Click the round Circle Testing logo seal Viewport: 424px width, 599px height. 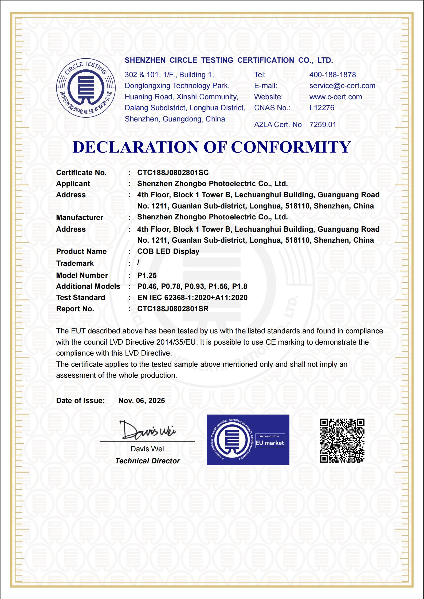[x=86, y=88]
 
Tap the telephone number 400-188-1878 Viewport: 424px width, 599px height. [x=332, y=75]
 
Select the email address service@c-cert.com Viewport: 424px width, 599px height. [x=342, y=86]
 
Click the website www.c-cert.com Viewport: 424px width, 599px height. [x=335, y=97]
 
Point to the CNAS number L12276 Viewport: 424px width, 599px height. [x=321, y=108]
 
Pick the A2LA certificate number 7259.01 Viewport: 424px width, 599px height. [x=323, y=125]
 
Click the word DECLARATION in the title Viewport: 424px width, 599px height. [x=136, y=147]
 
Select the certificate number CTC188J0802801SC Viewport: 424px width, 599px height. [x=173, y=173]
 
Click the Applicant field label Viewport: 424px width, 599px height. [x=73, y=184]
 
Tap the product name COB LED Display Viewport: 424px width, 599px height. [x=168, y=251]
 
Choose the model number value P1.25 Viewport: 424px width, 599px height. [x=147, y=275]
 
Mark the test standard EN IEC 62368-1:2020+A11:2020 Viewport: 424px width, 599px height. [x=192, y=298]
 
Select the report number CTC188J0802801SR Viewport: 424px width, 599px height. [x=173, y=309]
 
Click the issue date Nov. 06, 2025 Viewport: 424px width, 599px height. [x=142, y=401]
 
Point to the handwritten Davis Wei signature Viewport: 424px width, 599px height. [x=147, y=430]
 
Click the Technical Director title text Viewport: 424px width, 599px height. [x=147, y=461]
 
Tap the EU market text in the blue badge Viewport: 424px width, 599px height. [x=270, y=443]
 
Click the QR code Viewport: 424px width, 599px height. [x=342, y=440]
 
